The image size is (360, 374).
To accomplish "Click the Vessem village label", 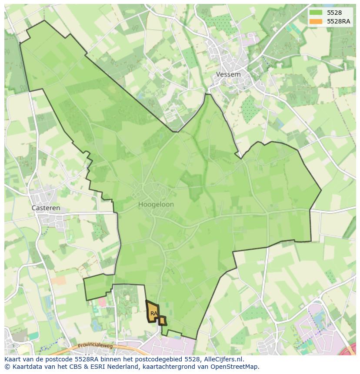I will (x=228, y=74).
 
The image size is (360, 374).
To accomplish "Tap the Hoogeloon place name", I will (x=156, y=204).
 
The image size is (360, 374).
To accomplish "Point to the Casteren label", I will (x=46, y=208).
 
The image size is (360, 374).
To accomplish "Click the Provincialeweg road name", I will (x=95, y=346).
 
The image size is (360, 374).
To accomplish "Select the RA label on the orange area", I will (x=154, y=313).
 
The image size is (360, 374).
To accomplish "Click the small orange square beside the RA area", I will (x=162, y=321).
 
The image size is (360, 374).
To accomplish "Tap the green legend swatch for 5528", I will (x=316, y=13).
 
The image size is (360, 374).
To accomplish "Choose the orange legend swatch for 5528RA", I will (x=316, y=21).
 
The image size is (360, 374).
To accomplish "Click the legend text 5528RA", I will (x=338, y=21).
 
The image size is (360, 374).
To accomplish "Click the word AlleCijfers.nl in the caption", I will (x=222, y=359).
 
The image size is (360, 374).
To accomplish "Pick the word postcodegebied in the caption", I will (x=157, y=359).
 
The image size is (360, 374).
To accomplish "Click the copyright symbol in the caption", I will (x=7, y=367).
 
